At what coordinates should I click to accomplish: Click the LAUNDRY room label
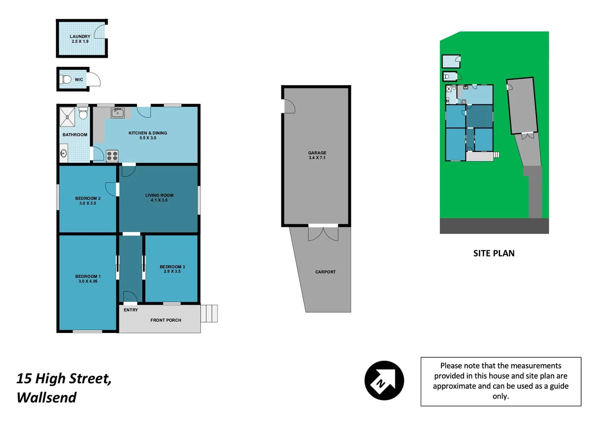pos(80,37)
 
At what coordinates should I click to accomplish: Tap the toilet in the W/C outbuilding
pos(66,79)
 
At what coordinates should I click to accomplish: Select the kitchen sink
pos(117,113)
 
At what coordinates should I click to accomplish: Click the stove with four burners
pos(112,156)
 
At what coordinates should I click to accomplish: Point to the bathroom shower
pos(67,117)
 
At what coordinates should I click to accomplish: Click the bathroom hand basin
pos(64,153)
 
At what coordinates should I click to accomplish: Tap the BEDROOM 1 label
pos(88,276)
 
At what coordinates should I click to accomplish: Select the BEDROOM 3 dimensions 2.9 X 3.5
pos(172,271)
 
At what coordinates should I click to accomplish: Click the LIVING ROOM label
pos(159,195)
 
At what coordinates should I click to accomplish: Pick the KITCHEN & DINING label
pos(148,133)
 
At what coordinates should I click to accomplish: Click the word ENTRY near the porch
pos(131,310)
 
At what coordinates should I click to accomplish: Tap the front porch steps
pos(209,313)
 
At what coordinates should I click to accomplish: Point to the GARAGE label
pos(317,153)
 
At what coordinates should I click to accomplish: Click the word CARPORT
pos(325,272)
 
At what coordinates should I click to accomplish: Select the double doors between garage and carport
pos(323,233)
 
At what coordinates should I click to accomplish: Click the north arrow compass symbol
pos(384,380)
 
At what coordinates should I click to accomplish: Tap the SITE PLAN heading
pos(494,253)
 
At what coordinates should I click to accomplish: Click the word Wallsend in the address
pos(46,397)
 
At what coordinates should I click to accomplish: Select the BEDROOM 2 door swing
pos(111,189)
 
